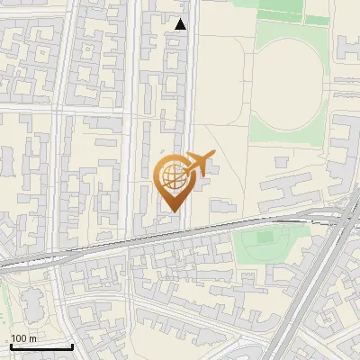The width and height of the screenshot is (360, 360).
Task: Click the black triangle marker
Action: [x=181, y=24]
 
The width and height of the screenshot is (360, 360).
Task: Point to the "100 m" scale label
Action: [x=24, y=337]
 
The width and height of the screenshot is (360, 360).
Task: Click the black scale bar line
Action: [x=40, y=346]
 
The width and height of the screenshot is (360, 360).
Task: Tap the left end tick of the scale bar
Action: [x=10, y=345]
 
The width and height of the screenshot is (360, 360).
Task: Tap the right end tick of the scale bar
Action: [x=72, y=345]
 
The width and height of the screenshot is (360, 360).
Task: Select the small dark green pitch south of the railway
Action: [x=263, y=238]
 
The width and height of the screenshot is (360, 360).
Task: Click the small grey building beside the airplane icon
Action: [x=199, y=184]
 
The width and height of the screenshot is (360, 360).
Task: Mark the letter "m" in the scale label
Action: [x=33, y=337]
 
